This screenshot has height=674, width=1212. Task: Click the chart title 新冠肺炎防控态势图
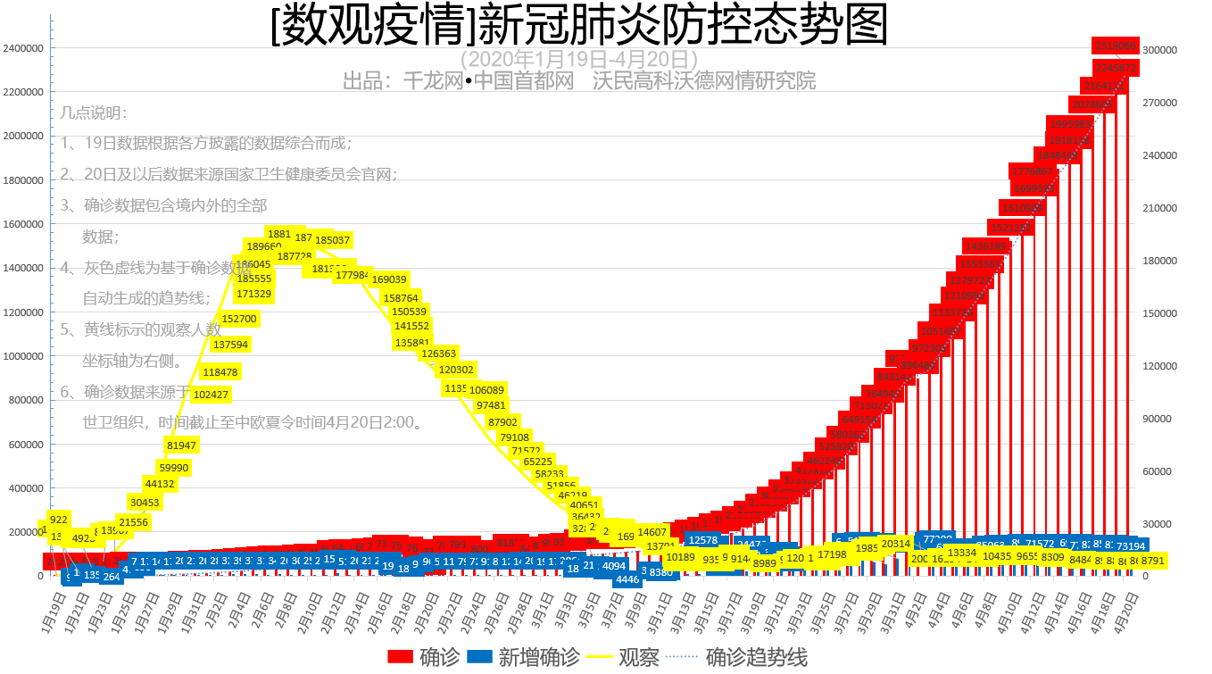coord(579,27)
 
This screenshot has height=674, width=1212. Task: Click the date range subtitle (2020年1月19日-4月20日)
coord(578,59)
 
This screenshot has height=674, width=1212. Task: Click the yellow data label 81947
coord(181,445)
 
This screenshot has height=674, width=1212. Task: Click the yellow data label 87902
coord(502,422)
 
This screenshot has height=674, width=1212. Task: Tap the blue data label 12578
coord(703,540)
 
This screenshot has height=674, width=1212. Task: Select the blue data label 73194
coord(1130,545)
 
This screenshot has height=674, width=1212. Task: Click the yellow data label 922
coord(59,520)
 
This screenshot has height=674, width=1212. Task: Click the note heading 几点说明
coord(95,113)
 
